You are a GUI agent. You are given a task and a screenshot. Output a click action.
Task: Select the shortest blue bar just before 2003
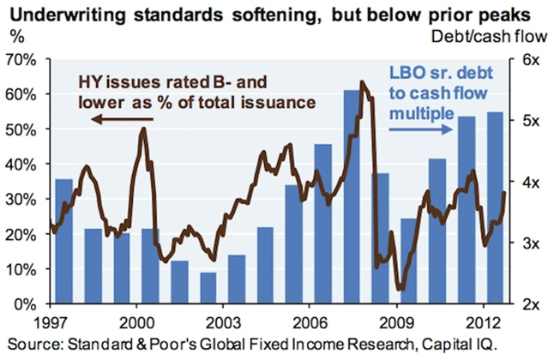[207, 288]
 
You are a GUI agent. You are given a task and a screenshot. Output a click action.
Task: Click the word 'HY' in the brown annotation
[91, 81]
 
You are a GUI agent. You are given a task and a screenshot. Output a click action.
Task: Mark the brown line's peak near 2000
[143, 129]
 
